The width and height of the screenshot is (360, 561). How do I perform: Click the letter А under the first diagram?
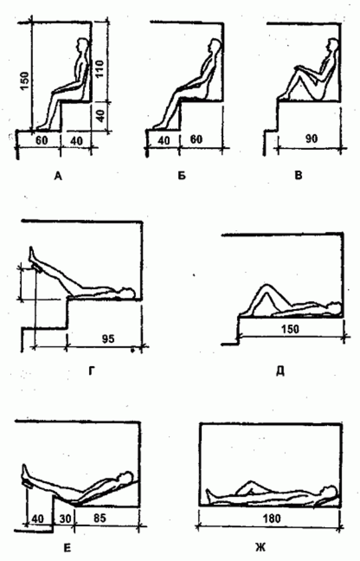click(x=58, y=176)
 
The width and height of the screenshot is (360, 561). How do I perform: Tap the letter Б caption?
click(x=182, y=176)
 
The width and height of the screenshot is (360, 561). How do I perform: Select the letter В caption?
click(x=298, y=175)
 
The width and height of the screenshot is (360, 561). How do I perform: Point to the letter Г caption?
click(x=92, y=372)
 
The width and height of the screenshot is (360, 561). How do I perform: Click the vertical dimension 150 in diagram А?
click(x=25, y=81)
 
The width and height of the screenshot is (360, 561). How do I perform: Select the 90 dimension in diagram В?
click(x=311, y=139)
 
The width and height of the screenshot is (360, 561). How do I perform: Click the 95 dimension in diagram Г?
click(x=108, y=339)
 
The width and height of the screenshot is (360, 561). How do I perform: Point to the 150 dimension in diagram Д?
click(x=290, y=329)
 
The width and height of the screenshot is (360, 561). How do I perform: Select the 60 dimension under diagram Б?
click(x=196, y=139)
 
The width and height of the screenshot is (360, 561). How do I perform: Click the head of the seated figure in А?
click(x=81, y=43)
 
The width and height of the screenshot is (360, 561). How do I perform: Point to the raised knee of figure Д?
click(x=266, y=286)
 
